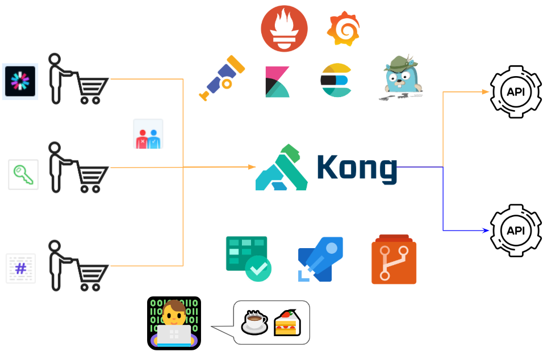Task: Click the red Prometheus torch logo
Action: tap(284, 28)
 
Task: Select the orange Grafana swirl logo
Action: tap(344, 29)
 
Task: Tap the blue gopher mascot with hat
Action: tap(401, 77)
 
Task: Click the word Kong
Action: tap(357, 168)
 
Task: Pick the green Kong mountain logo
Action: tap(282, 168)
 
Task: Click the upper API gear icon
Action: tap(516, 91)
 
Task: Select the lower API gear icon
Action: tap(516, 231)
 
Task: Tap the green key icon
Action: tap(23, 174)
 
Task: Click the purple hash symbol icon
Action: tap(21, 268)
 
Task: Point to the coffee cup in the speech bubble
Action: tap(255, 322)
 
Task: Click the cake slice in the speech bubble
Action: tap(286, 323)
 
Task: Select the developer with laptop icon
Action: tap(174, 323)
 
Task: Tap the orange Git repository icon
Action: tap(394, 259)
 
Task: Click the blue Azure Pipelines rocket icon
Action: tap(320, 259)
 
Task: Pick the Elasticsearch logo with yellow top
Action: tap(336, 80)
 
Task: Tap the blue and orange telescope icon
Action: tap(222, 78)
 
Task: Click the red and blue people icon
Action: tap(148, 134)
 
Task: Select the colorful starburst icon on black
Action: tap(20, 81)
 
